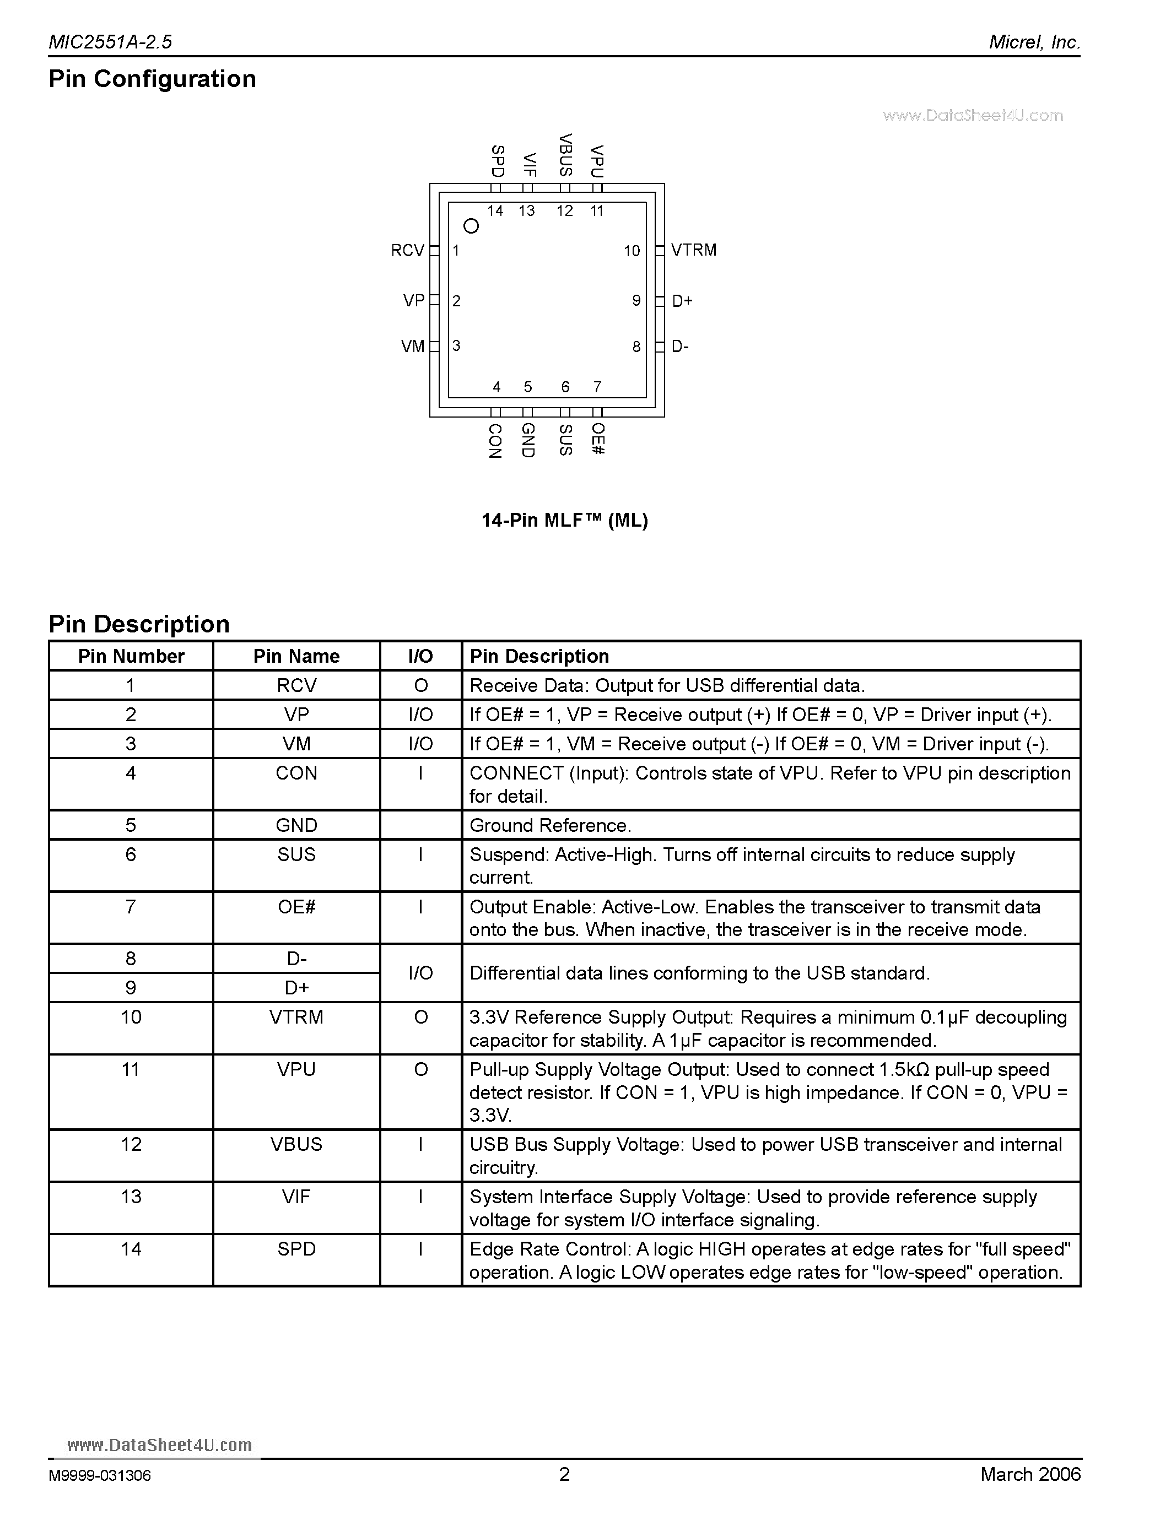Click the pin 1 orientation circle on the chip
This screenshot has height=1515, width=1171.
(x=471, y=226)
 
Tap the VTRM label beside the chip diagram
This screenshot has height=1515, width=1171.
(x=694, y=251)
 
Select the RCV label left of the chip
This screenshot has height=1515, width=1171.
(x=407, y=251)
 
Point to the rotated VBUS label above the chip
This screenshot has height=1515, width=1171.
(x=565, y=155)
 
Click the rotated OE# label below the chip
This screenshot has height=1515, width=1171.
(x=598, y=439)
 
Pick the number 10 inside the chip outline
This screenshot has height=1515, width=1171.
(x=632, y=251)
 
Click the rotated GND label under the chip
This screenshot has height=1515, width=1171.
(x=528, y=441)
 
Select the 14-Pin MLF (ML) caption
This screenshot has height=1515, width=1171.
(x=565, y=520)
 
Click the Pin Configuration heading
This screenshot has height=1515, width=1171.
(x=153, y=79)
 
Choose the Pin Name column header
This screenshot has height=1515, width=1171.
(x=296, y=656)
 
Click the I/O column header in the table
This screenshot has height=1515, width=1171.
(x=420, y=656)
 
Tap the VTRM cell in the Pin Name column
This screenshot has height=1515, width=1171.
(x=296, y=1017)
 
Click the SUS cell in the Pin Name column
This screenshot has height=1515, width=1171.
(x=296, y=854)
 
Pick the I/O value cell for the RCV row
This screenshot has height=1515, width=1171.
(x=420, y=685)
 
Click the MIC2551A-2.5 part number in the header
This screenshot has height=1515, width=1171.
(x=110, y=42)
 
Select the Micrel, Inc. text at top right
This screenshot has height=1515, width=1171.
(x=1034, y=42)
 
